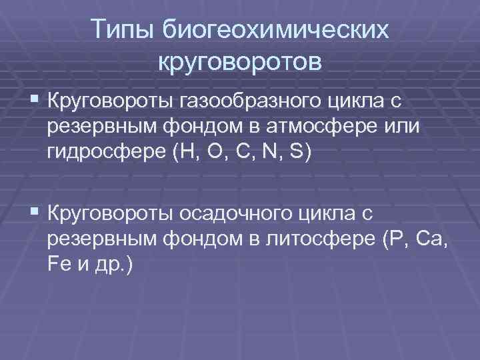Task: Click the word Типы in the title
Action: pos(121,30)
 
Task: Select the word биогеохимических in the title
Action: pos(275,30)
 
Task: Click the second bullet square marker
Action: pos(34,213)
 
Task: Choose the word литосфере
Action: pos(317,239)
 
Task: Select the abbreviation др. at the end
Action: pos(115,265)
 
